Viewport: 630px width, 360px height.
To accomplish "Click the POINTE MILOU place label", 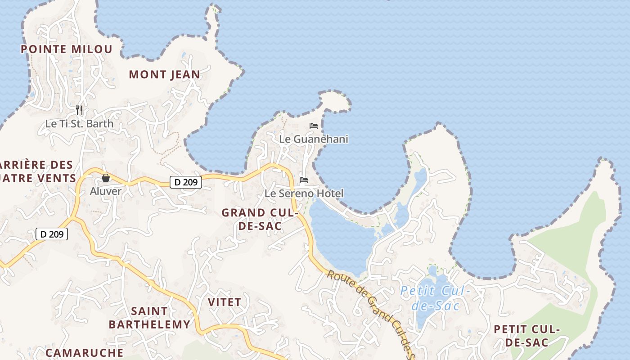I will pos(67,49).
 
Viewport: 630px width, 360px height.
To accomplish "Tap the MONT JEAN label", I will pos(164,75).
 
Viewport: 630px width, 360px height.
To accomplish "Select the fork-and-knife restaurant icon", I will pos(79,110).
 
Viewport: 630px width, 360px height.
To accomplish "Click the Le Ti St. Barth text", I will pos(79,123).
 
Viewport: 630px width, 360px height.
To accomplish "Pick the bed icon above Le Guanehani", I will pos(314,126).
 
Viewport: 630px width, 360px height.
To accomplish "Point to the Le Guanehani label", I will pos(314,139).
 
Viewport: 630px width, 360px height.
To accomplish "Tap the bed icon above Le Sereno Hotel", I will pos(304,180).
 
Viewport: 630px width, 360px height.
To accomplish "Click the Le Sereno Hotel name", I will pos(304,193).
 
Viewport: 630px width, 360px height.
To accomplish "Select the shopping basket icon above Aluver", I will pos(106,178).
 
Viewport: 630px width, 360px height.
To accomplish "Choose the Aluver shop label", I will pos(106,191).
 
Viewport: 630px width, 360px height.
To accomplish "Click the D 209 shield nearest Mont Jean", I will pos(185,182).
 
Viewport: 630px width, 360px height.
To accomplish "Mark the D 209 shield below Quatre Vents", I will pos(51,234).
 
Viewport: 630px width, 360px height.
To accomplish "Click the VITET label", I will pos(225,302).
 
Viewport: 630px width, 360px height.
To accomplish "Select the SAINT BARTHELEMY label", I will pos(149,318).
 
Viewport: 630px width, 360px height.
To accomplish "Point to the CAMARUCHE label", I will pos(84,352).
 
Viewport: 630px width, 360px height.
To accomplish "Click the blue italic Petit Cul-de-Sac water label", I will pos(435,298).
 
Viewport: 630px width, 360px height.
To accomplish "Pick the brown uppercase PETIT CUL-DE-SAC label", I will pos(526,336).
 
